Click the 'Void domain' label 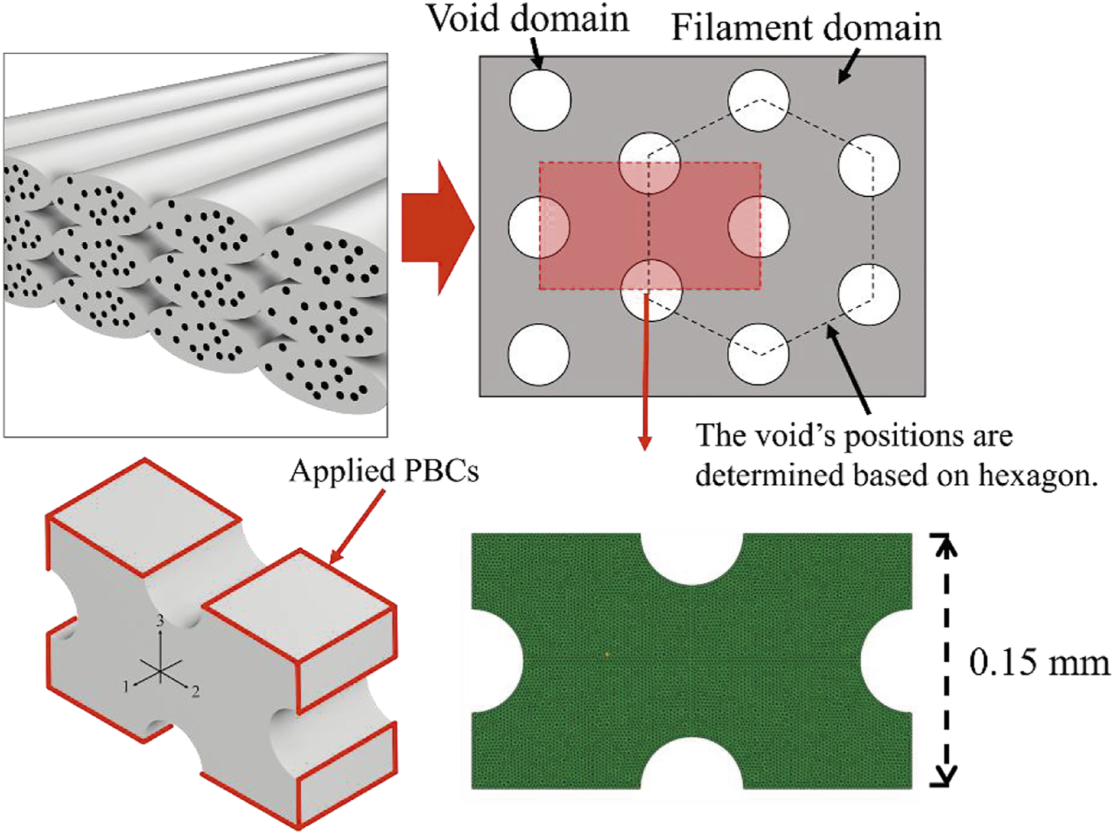tap(528, 20)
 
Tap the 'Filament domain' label tap(806, 28)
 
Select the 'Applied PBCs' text tap(384, 472)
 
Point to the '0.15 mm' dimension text tap(1039, 663)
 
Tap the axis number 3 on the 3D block tap(160, 621)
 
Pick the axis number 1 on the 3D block tap(127, 685)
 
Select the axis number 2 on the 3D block tap(196, 692)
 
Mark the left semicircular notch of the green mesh tap(497, 661)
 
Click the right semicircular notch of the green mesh tap(887, 661)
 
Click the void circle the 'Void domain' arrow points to tap(540, 100)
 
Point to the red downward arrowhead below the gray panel tap(645, 442)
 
